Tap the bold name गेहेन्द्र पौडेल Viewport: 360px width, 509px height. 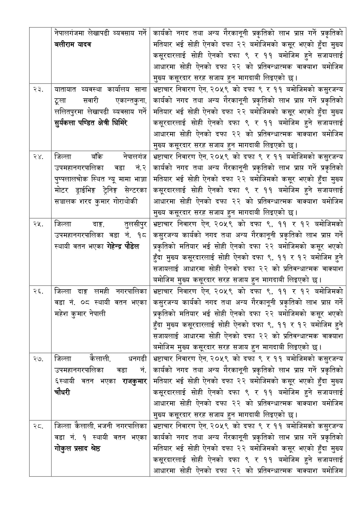123,247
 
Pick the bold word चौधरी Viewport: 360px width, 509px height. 62,392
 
